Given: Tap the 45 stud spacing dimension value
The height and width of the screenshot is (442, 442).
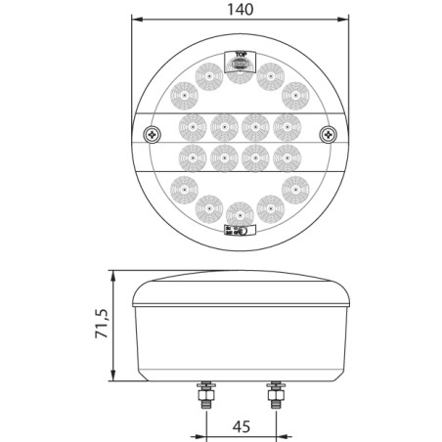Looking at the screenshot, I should click(x=240, y=427).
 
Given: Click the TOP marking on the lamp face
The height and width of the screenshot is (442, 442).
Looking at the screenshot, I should click(x=239, y=56).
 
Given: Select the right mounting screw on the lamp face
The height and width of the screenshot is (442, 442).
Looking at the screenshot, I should click(x=331, y=135).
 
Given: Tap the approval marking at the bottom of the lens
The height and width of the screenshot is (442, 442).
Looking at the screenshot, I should click(x=239, y=230).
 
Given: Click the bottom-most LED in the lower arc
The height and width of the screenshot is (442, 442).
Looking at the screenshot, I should click(x=239, y=212).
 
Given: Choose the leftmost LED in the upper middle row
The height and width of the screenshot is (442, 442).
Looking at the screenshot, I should click(x=191, y=125).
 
